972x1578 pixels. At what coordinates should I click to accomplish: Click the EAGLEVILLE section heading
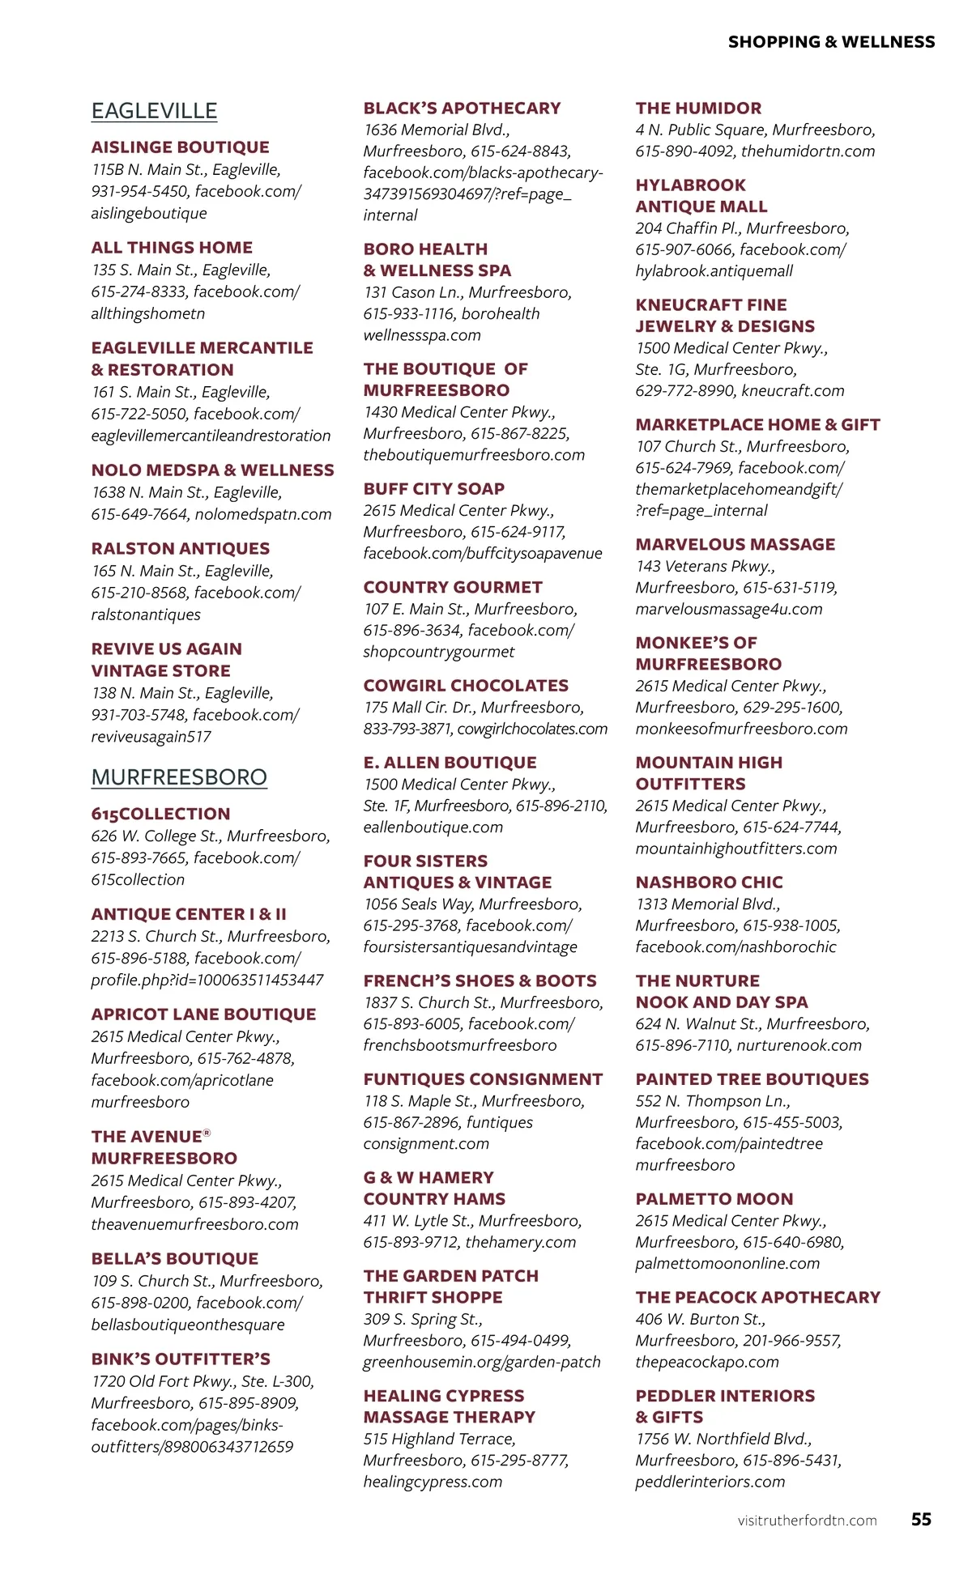point(154,111)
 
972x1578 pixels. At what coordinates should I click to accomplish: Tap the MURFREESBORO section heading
point(179,777)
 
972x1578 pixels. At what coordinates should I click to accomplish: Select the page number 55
point(921,1519)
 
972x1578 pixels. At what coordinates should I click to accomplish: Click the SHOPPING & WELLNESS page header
point(831,42)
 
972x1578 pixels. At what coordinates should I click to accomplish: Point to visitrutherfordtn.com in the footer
point(807,1521)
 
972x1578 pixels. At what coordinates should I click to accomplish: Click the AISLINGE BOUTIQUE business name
point(180,147)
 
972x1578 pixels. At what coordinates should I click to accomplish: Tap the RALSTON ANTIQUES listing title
point(180,549)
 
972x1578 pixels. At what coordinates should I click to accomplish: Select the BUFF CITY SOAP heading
point(433,489)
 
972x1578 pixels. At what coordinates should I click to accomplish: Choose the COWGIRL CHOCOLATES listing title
point(466,686)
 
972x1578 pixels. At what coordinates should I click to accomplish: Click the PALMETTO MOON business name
point(714,1199)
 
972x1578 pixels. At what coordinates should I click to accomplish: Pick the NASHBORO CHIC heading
point(709,883)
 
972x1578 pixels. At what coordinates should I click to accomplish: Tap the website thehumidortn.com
point(808,151)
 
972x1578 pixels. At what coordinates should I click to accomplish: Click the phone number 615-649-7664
point(139,515)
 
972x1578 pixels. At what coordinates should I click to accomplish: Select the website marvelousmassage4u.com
point(728,610)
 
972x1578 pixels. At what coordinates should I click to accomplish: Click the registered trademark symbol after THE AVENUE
point(207,1134)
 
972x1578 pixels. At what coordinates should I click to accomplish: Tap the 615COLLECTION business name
point(160,815)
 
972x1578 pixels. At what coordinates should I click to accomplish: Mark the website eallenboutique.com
point(433,827)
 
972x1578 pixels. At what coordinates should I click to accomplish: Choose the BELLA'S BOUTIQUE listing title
point(174,1259)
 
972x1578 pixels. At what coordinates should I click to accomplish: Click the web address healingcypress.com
point(433,1482)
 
